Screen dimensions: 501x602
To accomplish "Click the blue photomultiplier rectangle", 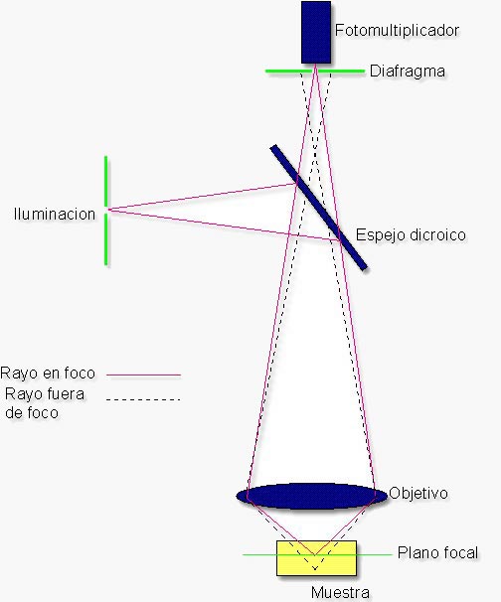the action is pos(316,32).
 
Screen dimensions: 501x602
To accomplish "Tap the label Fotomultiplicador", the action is pos(397,30).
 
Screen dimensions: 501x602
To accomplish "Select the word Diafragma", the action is pos(408,71).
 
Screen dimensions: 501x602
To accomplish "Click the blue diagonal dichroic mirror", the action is pos(318,208).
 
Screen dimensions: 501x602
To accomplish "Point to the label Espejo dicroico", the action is pos(411,234).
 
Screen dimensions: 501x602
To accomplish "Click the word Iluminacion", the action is pos(55,214).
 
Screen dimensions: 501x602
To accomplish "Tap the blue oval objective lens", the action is pos(311,496).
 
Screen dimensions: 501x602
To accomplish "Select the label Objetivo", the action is pos(418,493).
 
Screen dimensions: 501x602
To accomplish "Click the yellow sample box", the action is pos(316,558).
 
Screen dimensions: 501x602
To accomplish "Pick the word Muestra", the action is pos(340,592).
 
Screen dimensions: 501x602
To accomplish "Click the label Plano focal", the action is pos(437,553).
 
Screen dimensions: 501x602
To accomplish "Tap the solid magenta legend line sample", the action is pos(143,375).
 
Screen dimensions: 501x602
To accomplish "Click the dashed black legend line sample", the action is pos(143,399).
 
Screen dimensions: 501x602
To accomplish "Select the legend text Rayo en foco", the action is pos(48,373).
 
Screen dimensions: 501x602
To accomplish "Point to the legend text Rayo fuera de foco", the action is pos(45,403).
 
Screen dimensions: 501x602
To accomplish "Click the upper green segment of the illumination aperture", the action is pos(106,181).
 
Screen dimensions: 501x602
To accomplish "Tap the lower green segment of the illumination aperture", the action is pos(106,239).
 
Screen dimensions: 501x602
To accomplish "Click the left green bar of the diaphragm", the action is pos(289,71).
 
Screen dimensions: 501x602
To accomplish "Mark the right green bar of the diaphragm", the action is pos(342,71).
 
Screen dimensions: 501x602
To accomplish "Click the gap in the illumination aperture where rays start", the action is pos(106,210).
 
